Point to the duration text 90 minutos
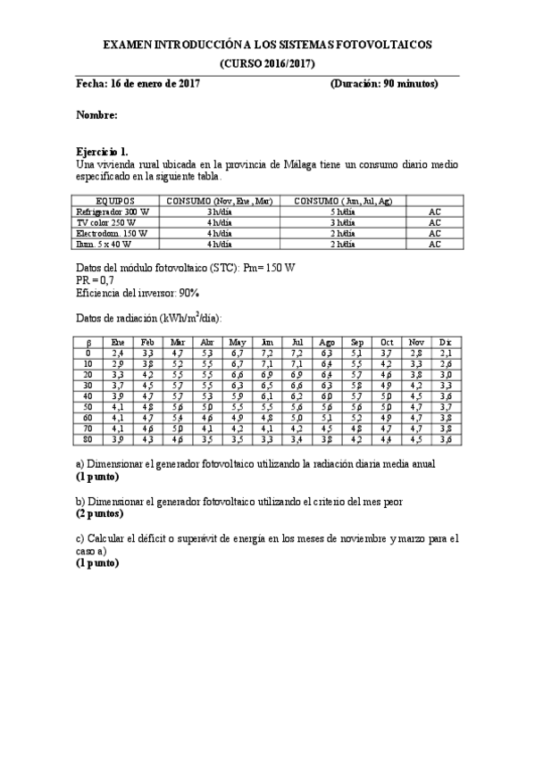pyautogui.click(x=411, y=84)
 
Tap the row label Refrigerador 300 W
pyautogui.click(x=113, y=212)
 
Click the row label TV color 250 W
pyautogui.click(x=106, y=222)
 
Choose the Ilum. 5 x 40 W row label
pyautogui.click(x=104, y=244)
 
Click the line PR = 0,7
pyautogui.click(x=96, y=279)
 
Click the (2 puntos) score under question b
pyautogui.click(x=99, y=514)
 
